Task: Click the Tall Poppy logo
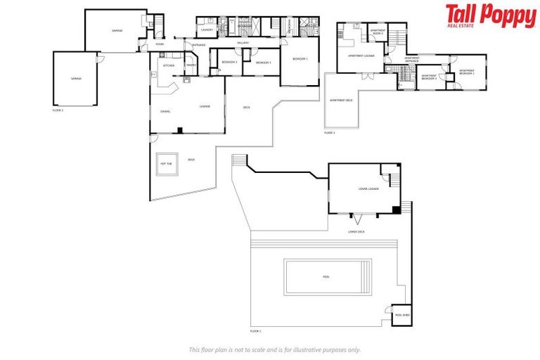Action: click(x=490, y=15)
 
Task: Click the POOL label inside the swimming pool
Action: click(x=326, y=276)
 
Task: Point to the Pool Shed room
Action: click(x=401, y=315)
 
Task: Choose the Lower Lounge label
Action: click(x=368, y=188)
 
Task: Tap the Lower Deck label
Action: click(x=356, y=231)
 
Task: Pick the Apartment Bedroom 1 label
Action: click(x=467, y=71)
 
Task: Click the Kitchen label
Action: click(x=169, y=65)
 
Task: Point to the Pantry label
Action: click(x=191, y=65)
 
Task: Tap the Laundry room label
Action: click(x=207, y=30)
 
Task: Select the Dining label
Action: click(x=165, y=111)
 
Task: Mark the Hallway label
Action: click(x=243, y=44)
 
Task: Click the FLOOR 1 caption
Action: click(x=255, y=330)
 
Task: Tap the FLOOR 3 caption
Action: click(x=330, y=132)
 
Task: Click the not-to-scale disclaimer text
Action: click(x=275, y=349)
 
